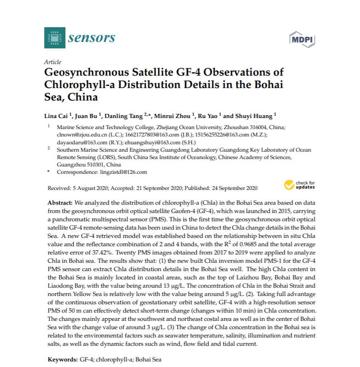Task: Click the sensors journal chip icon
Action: (53, 38)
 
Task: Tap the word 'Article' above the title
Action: (52, 62)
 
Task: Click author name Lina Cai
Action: (61, 115)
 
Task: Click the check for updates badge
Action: (300, 185)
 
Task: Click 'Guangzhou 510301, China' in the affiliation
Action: (88, 165)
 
